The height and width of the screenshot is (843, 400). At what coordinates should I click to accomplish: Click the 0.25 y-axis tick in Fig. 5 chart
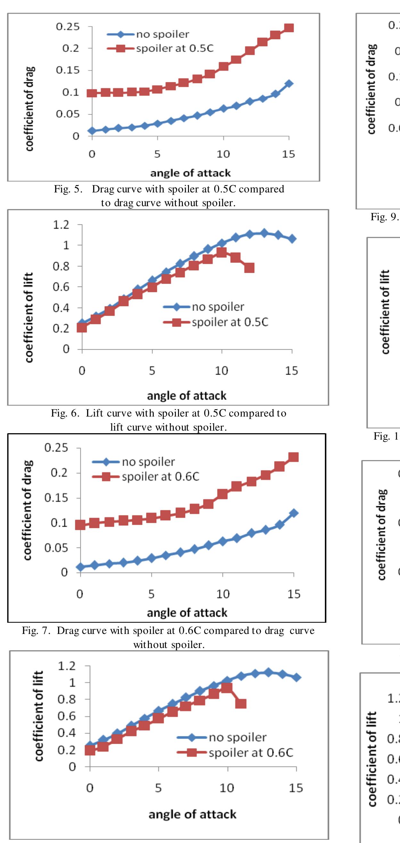(x=68, y=27)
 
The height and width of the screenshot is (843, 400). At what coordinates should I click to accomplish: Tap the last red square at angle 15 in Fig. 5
(x=289, y=28)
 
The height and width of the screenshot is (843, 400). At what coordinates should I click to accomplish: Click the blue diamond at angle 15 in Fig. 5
(x=289, y=84)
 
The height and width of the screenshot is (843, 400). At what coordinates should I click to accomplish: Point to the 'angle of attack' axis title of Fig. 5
(x=190, y=173)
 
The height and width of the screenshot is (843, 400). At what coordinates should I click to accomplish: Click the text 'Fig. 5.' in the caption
(x=68, y=189)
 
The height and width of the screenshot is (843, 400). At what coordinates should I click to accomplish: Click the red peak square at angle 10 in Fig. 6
(x=222, y=252)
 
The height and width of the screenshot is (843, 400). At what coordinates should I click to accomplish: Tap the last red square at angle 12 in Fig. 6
(x=249, y=268)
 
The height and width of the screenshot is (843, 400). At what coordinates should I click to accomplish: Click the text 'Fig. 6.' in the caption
(x=65, y=413)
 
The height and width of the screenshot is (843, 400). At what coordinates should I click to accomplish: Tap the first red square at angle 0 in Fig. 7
(x=80, y=525)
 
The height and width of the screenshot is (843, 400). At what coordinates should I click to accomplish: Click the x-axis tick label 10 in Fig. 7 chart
(x=223, y=594)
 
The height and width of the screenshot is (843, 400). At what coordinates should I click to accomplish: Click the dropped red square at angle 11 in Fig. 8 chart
(x=241, y=704)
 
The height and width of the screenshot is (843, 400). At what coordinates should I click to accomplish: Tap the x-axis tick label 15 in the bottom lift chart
(x=296, y=788)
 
